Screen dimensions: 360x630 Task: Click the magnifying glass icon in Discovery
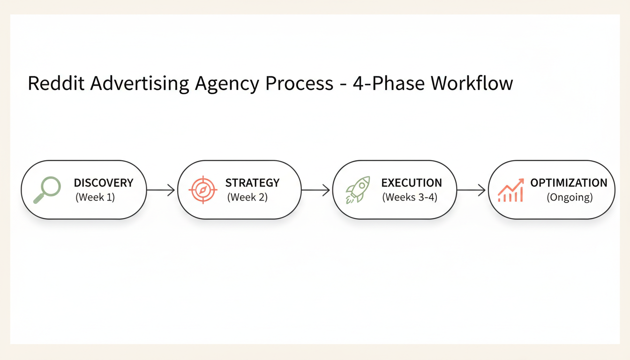pos(47,189)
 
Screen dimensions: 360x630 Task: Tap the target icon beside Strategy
pos(203,189)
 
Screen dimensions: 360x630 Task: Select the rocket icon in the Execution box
pos(358,189)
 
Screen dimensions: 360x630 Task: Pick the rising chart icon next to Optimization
pos(510,190)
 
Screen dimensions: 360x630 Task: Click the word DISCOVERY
pos(104,183)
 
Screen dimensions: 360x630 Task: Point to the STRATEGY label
pos(252,183)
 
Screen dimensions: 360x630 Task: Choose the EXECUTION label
pos(412,183)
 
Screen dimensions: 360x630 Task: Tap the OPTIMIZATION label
pos(569,183)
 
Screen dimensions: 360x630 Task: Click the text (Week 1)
pos(95,197)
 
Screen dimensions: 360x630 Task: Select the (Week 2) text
pos(247,197)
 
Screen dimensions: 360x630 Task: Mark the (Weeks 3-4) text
pos(410,197)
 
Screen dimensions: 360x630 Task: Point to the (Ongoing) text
pos(570,198)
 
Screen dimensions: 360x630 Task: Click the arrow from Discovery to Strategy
pos(161,190)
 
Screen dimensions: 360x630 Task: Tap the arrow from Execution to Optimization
pos(471,190)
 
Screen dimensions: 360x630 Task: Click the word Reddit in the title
pos(56,83)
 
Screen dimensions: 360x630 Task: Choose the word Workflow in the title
pos(472,83)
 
